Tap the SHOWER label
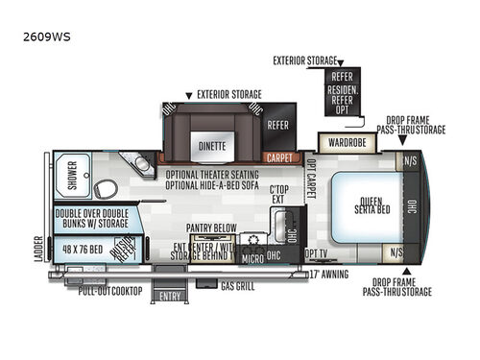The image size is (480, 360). click(x=71, y=174)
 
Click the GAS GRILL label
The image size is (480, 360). click(x=238, y=287)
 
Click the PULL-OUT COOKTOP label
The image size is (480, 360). click(x=110, y=290)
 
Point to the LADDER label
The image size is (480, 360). click(x=38, y=250)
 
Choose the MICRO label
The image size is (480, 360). click(x=252, y=259)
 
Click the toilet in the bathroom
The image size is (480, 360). click(x=107, y=187)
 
